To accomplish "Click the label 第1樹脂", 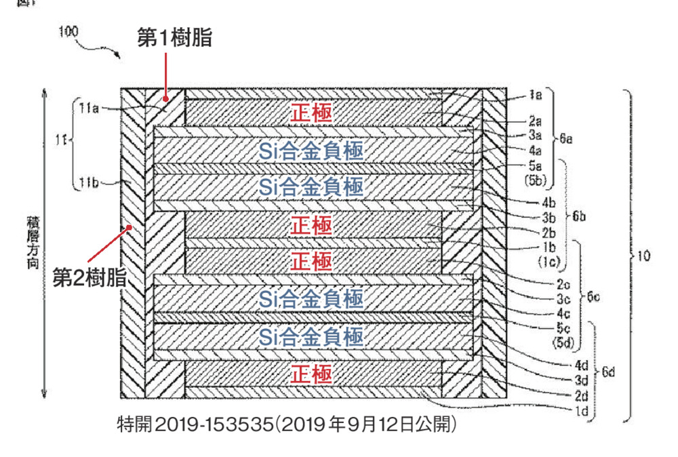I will point(174,39).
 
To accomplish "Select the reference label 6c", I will point(593,297).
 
